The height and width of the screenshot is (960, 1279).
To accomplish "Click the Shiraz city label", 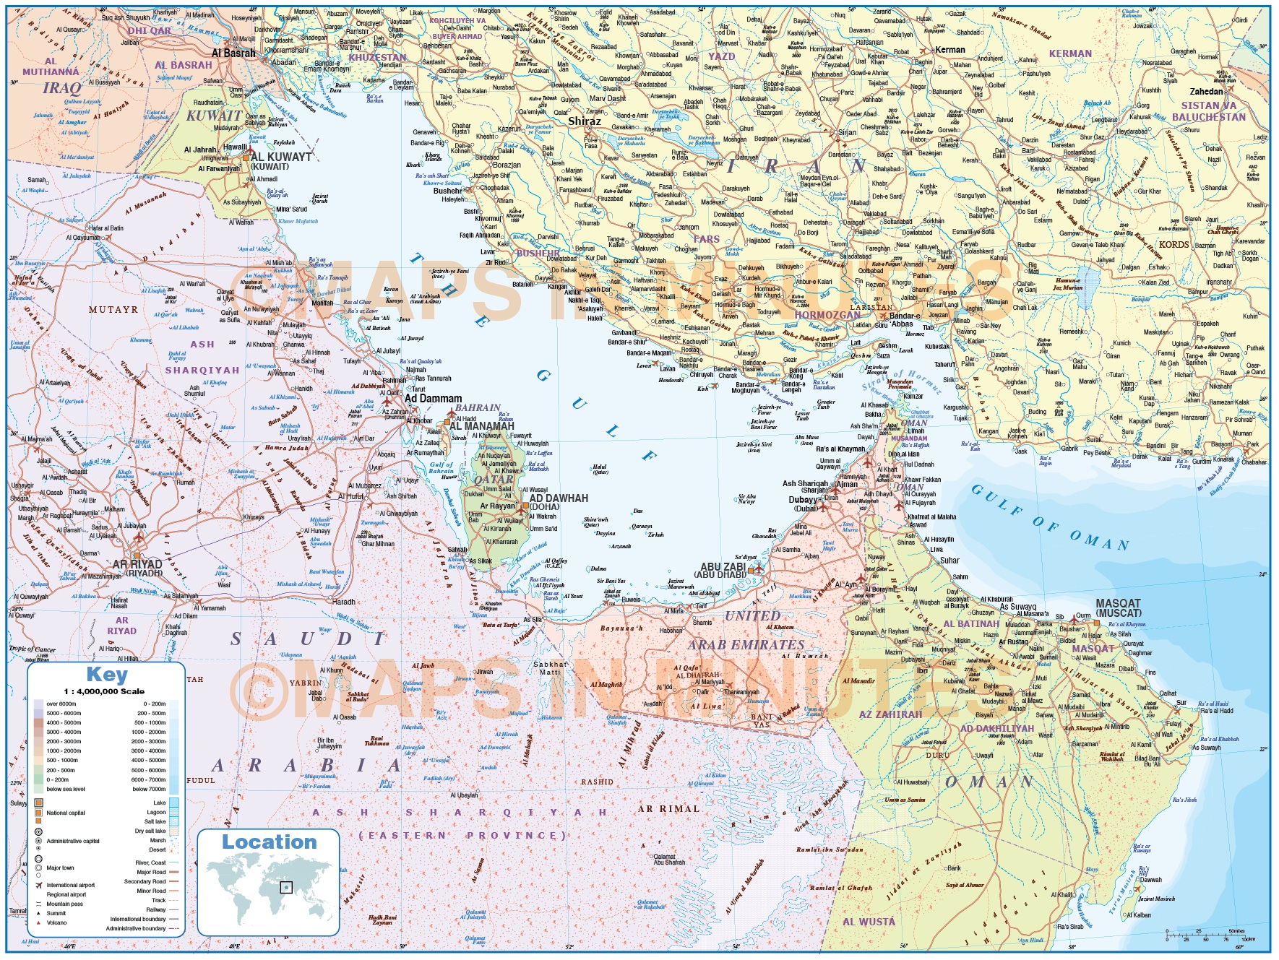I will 584,121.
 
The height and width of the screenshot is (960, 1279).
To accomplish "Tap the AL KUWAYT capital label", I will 281,157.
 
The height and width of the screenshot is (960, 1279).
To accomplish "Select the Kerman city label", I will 949,50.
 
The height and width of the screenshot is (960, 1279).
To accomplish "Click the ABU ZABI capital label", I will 723,567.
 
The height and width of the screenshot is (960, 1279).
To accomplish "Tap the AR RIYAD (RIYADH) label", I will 137,568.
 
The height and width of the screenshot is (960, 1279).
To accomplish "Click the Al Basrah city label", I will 233,53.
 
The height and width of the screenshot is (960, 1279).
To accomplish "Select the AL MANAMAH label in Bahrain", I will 481,426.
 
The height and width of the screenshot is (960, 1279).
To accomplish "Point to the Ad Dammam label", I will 433,398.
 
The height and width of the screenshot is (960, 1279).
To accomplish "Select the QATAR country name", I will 494,480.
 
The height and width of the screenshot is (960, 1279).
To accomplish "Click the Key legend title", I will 106,675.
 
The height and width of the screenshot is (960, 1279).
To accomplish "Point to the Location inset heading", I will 269,842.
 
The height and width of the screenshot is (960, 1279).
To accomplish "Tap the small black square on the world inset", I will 286,887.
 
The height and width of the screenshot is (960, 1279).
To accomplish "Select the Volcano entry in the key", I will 56,922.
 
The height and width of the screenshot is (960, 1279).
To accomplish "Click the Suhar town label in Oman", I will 949,561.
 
